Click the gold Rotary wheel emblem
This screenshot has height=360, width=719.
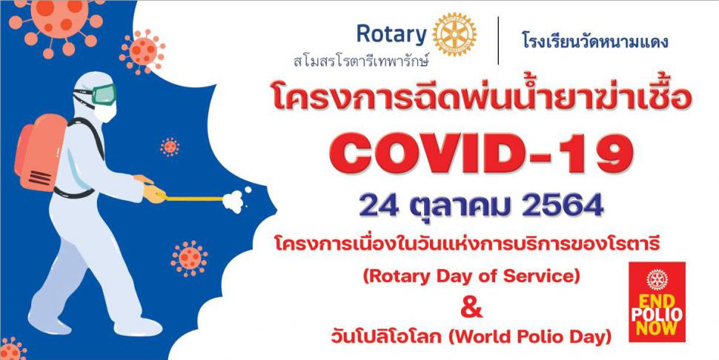click(x=454, y=34)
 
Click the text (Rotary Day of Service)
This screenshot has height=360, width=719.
click(x=471, y=276)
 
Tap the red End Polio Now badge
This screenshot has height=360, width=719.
click(x=657, y=301)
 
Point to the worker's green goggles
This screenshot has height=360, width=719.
click(x=104, y=94)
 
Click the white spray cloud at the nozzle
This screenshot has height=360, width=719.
click(x=236, y=200)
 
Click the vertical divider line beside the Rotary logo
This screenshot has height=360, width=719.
click(x=498, y=40)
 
